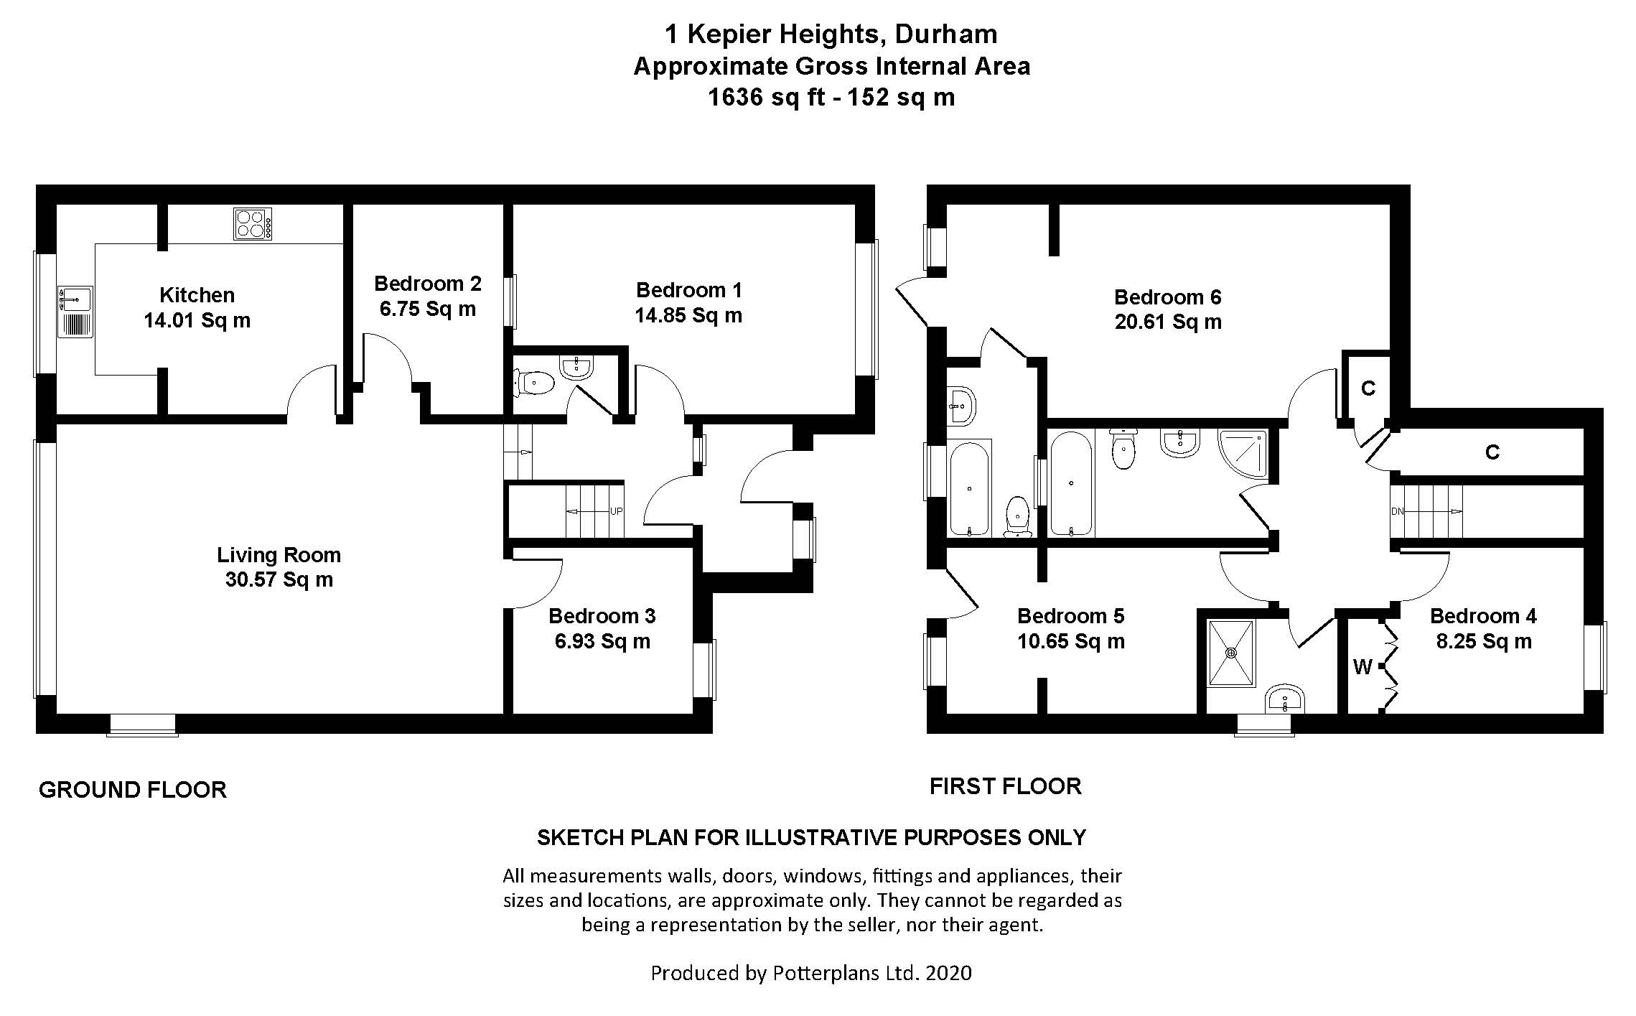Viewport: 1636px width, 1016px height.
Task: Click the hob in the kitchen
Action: [x=253, y=223]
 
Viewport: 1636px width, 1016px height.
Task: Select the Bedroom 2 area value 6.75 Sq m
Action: [x=427, y=309]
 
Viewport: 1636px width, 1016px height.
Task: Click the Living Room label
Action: [x=279, y=555]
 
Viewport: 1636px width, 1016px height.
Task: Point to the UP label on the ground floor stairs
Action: [x=616, y=512]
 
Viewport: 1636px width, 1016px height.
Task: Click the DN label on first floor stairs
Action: [x=1397, y=512]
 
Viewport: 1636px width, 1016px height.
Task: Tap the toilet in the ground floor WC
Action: [x=534, y=383]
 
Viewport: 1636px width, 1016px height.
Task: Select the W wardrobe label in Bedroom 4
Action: [x=1362, y=668]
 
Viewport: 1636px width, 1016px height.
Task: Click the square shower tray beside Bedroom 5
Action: [x=1231, y=653]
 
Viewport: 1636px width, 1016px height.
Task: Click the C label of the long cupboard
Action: [x=1492, y=452]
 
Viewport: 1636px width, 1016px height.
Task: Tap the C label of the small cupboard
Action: [x=1368, y=388]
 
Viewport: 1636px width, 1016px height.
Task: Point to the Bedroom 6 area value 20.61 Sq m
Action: [x=1168, y=322]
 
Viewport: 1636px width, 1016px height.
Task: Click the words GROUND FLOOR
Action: [x=133, y=790]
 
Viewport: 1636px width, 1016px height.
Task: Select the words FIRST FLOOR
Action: [x=1005, y=786]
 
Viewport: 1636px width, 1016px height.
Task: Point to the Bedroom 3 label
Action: [x=602, y=616]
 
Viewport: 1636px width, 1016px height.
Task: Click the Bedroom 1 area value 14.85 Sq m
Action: [x=688, y=316]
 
